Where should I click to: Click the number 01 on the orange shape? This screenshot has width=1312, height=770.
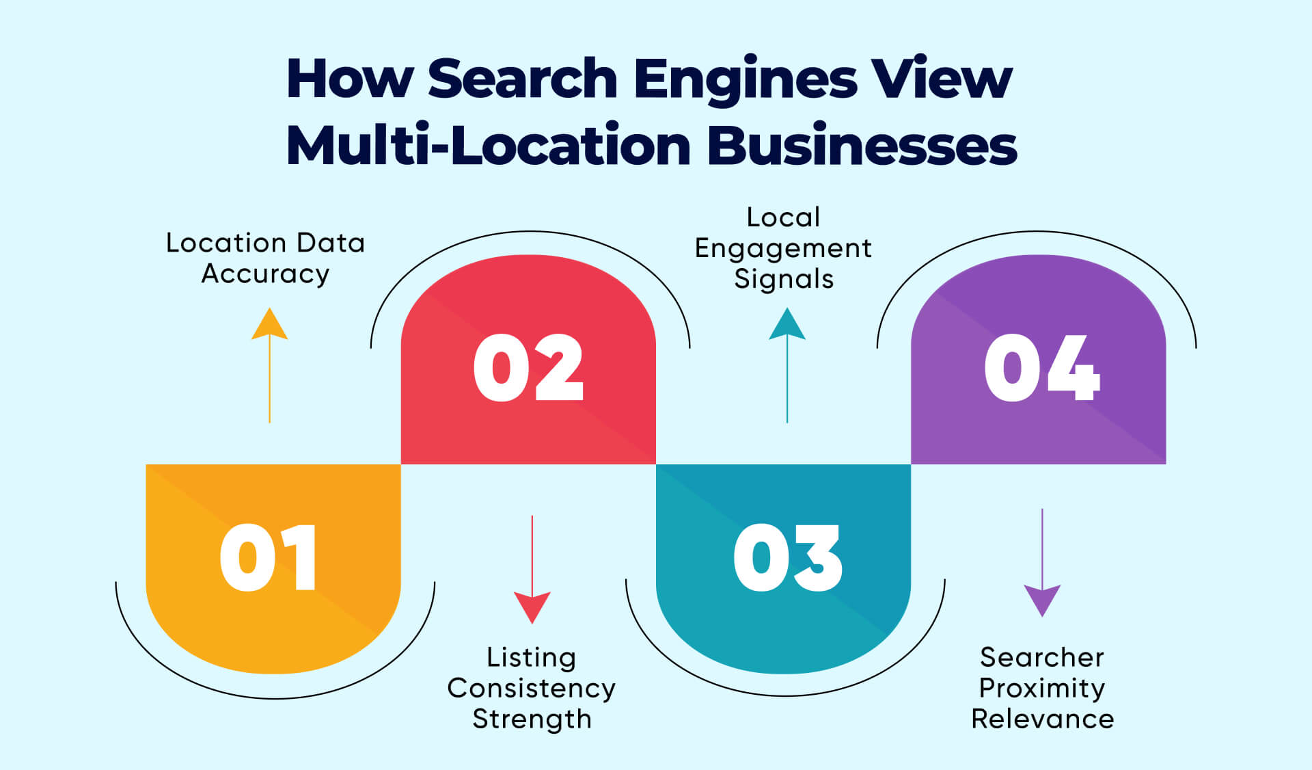tap(268, 557)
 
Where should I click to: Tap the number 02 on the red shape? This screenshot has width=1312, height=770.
tap(528, 368)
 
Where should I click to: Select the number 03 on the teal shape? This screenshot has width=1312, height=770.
tap(787, 557)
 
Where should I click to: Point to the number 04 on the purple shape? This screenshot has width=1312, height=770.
tap(1041, 368)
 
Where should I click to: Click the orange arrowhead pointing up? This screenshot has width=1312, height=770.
tap(269, 326)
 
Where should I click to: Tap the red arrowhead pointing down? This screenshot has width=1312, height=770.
tap(532, 606)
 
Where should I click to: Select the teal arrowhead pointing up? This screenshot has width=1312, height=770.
tap(787, 326)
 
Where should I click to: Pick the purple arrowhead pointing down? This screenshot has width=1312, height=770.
tap(1041, 599)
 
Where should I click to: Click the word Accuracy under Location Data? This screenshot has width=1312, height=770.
tap(265, 274)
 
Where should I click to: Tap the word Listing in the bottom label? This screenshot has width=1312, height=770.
tap(531, 657)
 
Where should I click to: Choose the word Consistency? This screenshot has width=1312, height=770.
tap(531, 688)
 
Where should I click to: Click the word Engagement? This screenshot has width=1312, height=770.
tap(783, 249)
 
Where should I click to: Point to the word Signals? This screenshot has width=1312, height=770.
tap(783, 280)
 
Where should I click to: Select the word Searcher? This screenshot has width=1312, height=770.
tap(1041, 657)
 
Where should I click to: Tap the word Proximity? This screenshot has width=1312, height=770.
tap(1041, 688)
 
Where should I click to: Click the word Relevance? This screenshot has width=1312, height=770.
tap(1041, 719)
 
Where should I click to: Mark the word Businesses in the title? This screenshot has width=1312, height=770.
tap(862, 145)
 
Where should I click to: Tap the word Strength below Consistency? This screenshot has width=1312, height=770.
tap(531, 719)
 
